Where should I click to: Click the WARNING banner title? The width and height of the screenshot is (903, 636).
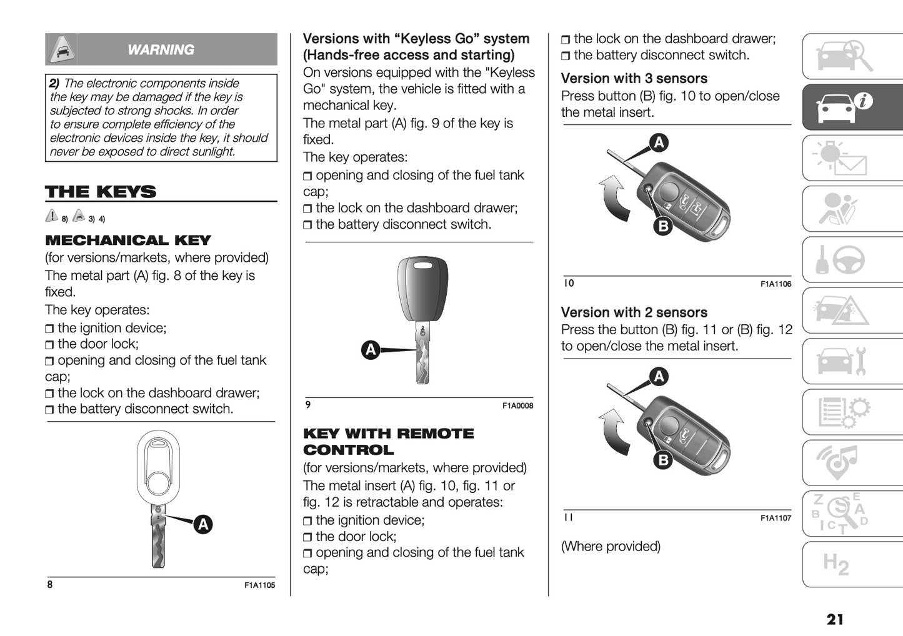tap(161, 49)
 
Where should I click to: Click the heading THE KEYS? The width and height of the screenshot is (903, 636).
tap(101, 192)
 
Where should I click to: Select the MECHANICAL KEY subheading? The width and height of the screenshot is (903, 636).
tap(128, 241)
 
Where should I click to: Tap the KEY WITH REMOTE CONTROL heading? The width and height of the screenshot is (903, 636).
tap(388, 442)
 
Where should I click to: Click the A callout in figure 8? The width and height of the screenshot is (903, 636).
tap(202, 524)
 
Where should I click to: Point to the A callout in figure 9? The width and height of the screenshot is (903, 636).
tap(371, 350)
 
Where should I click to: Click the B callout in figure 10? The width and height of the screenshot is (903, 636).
tap(663, 226)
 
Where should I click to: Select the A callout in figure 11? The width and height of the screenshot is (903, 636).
tap(659, 376)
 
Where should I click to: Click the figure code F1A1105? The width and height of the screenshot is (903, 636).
tap(259, 585)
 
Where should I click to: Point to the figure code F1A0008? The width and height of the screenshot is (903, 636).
tap(517, 405)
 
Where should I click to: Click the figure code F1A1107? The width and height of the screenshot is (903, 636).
tap(776, 518)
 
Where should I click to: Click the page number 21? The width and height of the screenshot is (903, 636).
tap(834, 619)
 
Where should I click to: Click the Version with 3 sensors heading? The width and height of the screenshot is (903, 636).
tap(634, 79)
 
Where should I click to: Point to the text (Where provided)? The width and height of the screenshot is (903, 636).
tap(611, 547)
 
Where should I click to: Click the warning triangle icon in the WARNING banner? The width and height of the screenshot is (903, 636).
tap(61, 49)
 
